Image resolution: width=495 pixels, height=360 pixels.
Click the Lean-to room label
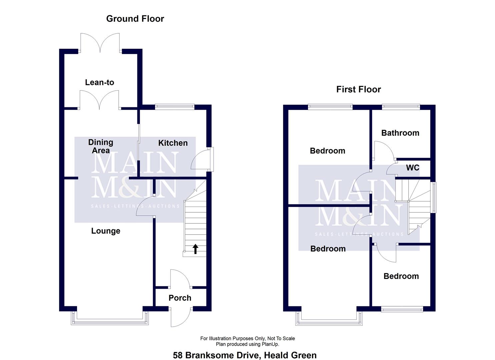[x=99, y=82]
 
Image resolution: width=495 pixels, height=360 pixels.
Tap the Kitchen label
[x=173, y=143]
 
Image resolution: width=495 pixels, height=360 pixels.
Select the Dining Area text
[x=100, y=146]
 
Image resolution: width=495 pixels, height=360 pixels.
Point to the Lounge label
[x=106, y=231]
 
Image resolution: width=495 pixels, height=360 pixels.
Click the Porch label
[x=180, y=298]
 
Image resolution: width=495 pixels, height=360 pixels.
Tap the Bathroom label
[x=400, y=133]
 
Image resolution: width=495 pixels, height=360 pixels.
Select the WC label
[x=412, y=168]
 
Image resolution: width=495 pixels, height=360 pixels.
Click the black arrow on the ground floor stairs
[x=195, y=249]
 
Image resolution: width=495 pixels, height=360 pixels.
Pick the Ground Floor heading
[x=135, y=19]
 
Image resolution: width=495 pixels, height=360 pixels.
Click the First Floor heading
[x=358, y=89]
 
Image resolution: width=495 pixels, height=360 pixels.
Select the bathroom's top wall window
[x=401, y=107]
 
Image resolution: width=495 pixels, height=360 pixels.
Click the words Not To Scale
[x=281, y=338]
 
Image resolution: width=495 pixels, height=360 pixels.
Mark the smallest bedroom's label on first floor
[x=401, y=276]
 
